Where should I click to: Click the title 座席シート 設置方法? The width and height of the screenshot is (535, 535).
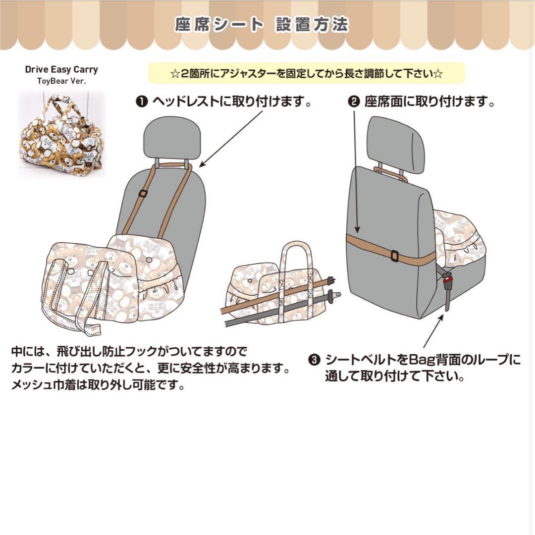(x=262, y=25)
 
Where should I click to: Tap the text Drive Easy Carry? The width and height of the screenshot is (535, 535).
(x=61, y=69)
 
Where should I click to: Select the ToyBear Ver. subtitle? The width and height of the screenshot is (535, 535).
(x=61, y=81)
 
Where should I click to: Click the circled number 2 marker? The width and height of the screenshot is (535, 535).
(x=354, y=102)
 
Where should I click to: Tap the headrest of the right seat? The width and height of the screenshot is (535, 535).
(x=396, y=144)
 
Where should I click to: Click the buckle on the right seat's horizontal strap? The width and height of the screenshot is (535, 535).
(x=395, y=256)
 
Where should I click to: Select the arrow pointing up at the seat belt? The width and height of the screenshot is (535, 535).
(x=431, y=332)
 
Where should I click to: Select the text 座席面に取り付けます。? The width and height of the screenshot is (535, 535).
(x=429, y=102)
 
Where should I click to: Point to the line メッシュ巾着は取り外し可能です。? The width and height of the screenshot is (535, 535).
(x=98, y=385)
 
